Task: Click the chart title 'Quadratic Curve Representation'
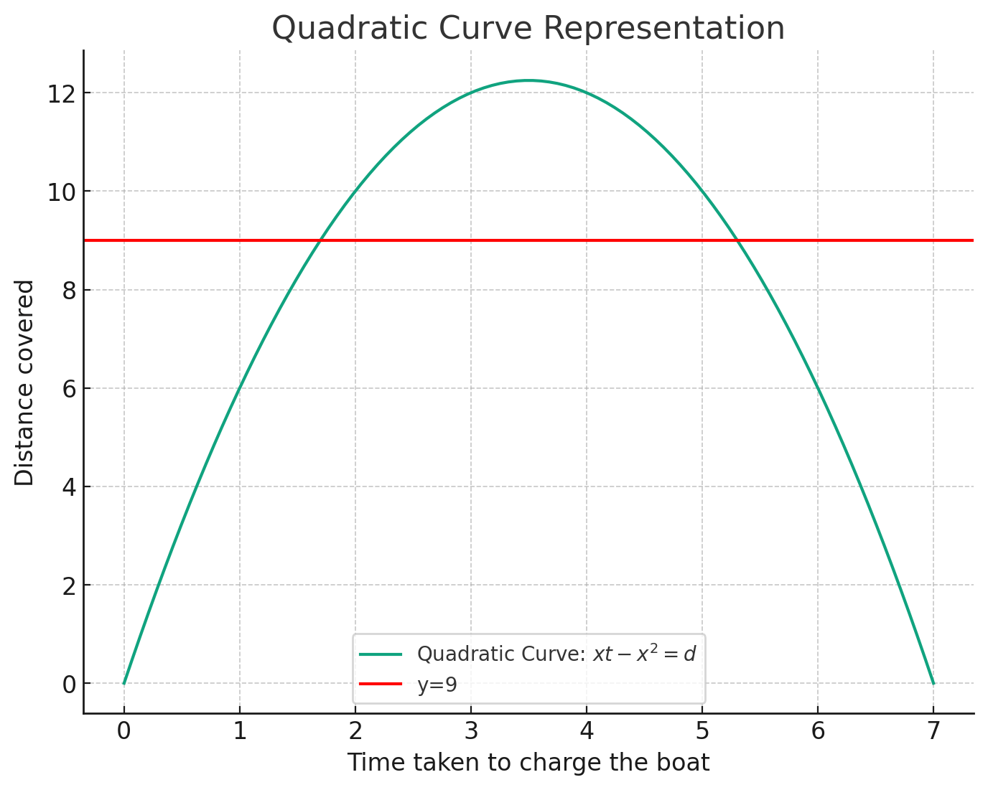[x=528, y=29]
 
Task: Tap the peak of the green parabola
[x=528, y=80]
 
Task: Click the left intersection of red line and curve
[x=320, y=240]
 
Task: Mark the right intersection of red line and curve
[x=737, y=240]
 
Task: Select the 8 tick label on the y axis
[x=68, y=290]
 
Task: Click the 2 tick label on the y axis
[x=68, y=586]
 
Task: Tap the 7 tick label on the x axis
[x=933, y=733]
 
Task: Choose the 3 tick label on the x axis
[x=470, y=733]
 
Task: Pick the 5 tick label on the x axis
[x=702, y=733]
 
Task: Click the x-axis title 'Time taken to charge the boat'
[x=528, y=763]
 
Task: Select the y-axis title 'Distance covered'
[x=24, y=383]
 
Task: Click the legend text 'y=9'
[x=437, y=685]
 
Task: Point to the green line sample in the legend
[x=381, y=654]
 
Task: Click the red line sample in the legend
[x=381, y=685]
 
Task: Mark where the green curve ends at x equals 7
[x=933, y=683]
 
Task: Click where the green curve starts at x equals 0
[x=124, y=683]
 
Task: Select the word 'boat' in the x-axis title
[x=686, y=763]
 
